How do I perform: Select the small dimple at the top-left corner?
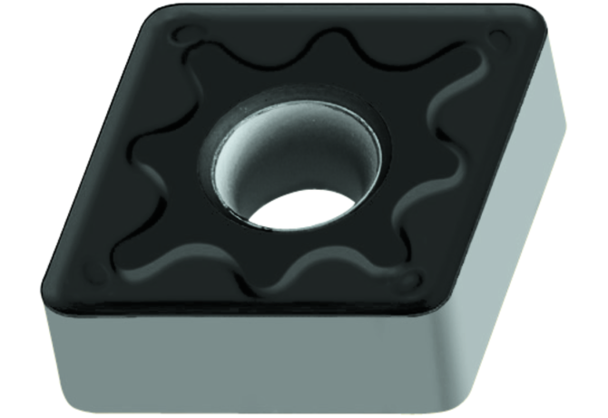tap(186, 34)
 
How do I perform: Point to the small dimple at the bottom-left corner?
tap(92, 270)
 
